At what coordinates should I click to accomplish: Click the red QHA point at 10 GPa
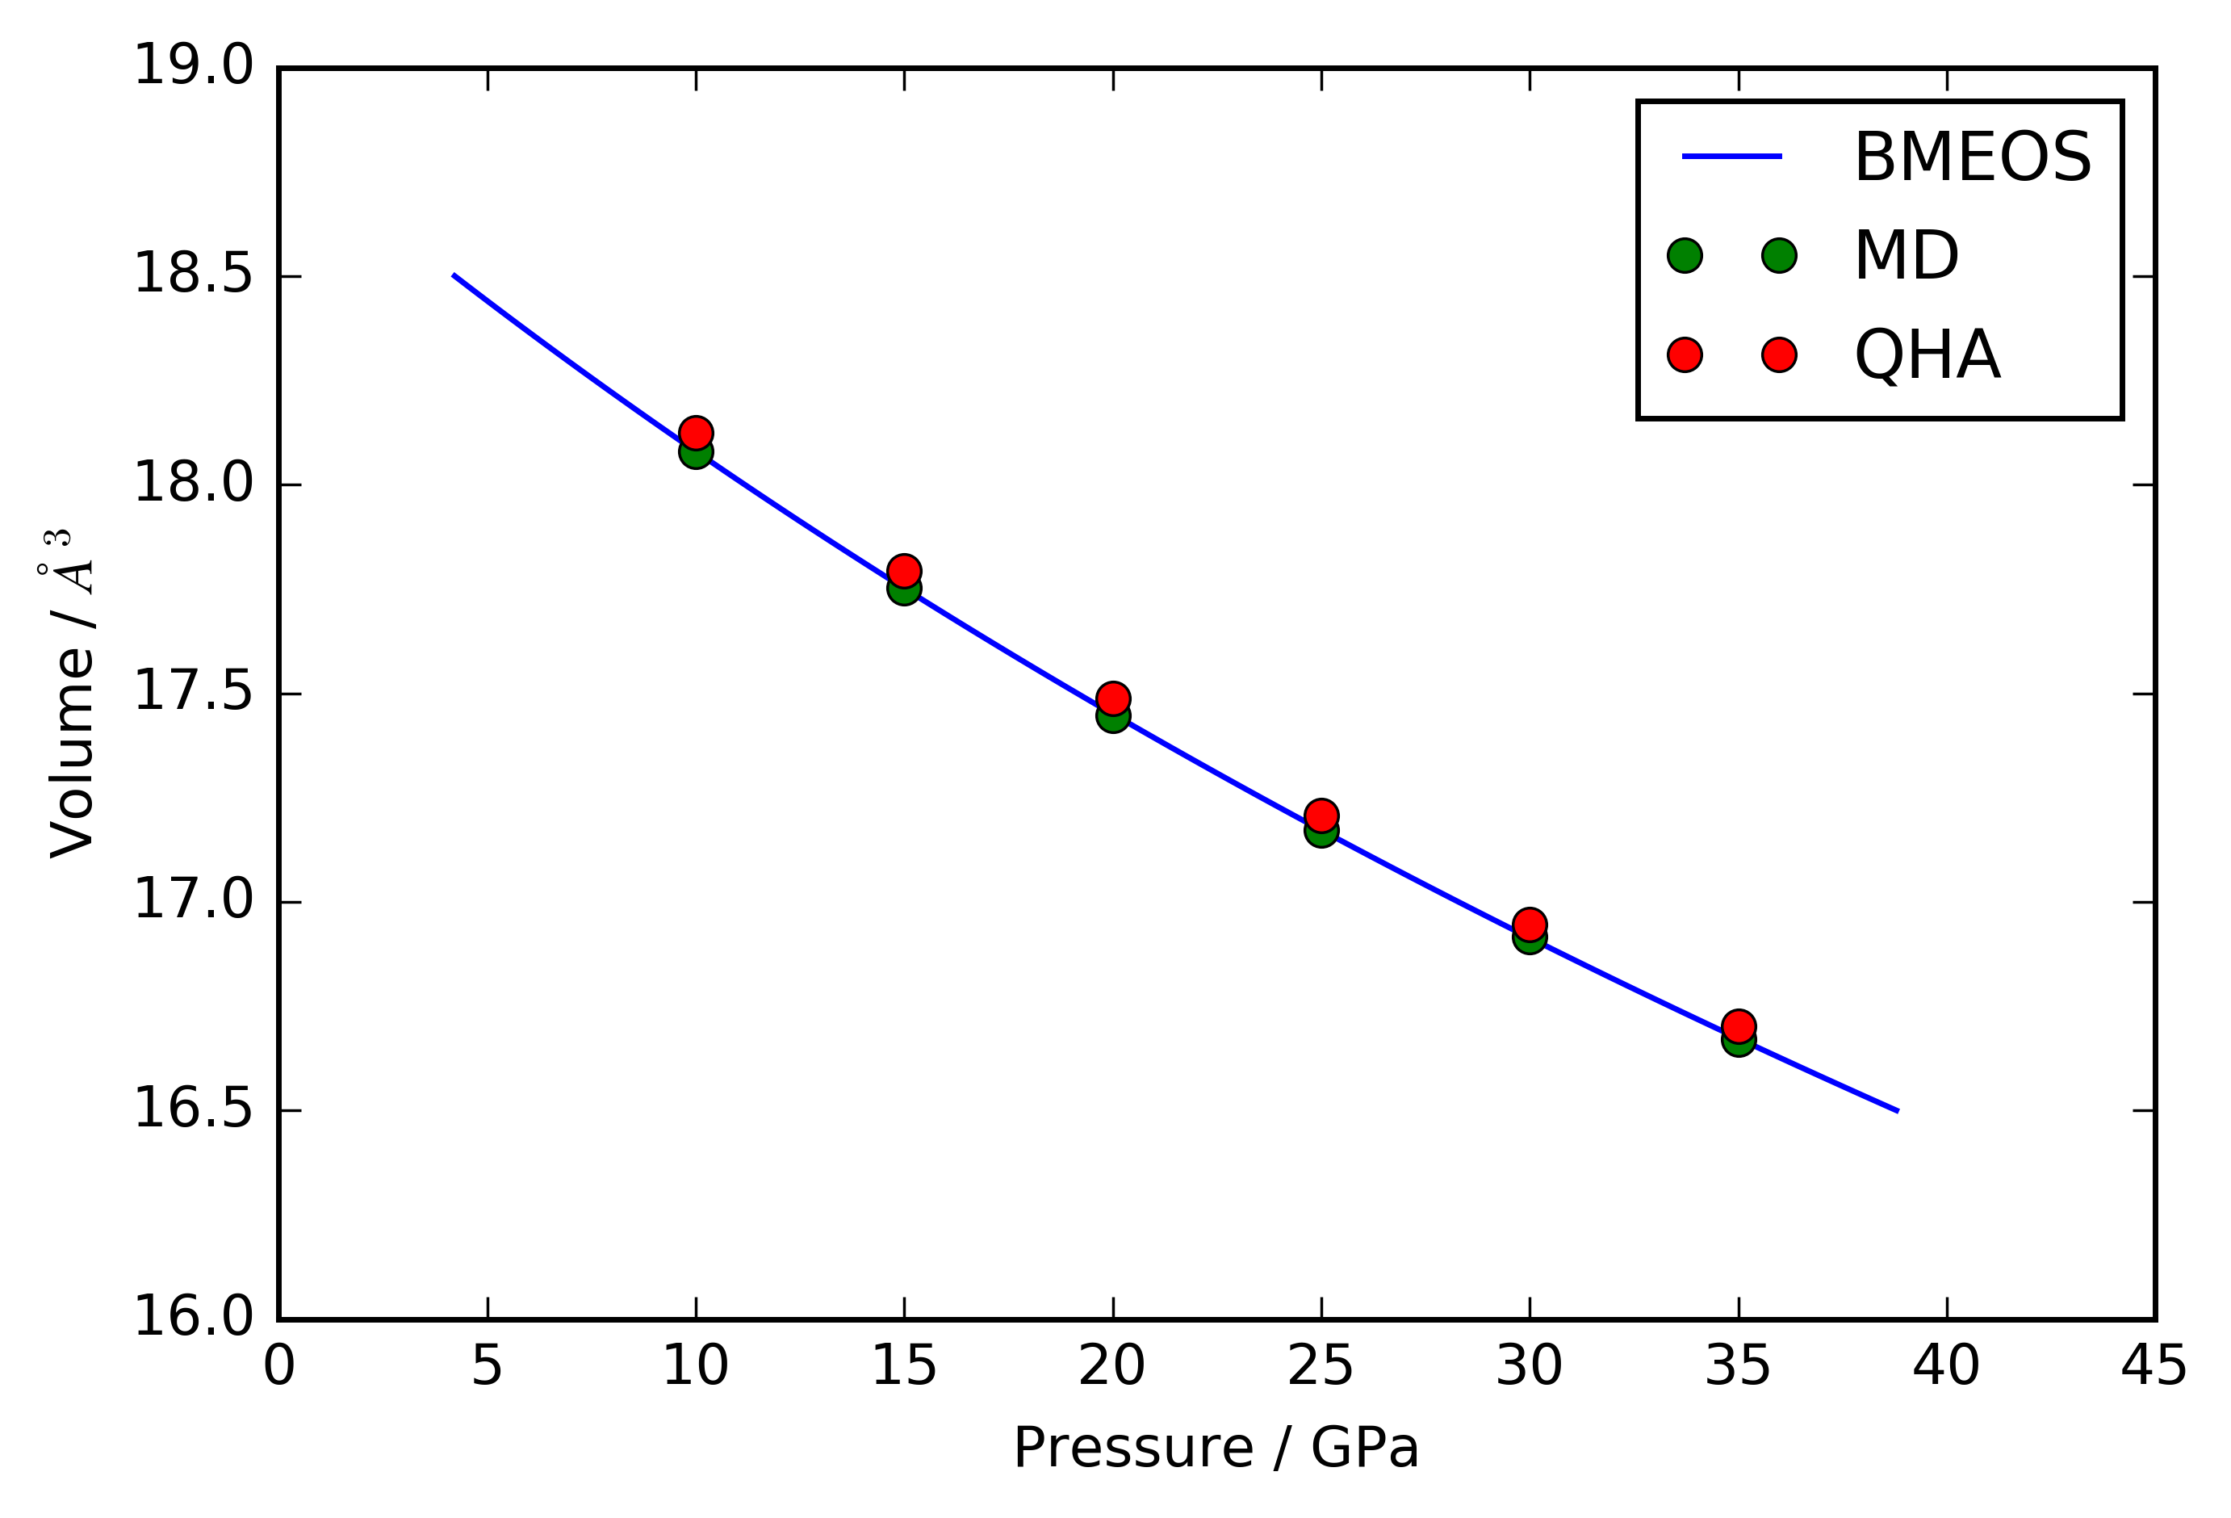(696, 433)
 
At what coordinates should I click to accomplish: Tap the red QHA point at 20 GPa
(1112, 698)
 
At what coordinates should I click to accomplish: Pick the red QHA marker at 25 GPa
(1321, 816)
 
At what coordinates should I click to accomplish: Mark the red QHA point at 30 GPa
(1530, 925)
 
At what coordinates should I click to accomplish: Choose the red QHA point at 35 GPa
(1739, 1026)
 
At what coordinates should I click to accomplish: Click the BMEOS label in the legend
(1973, 157)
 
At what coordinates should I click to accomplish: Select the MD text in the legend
(1906, 256)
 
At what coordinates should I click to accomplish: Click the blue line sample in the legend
(1732, 157)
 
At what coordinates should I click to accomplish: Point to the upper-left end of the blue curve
(453, 275)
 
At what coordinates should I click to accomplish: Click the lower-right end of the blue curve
(1898, 1111)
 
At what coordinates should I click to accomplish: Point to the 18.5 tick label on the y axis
(193, 275)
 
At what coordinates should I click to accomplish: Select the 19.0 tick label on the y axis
(193, 67)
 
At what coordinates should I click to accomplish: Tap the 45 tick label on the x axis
(2154, 1366)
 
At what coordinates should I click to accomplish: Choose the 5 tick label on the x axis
(487, 1366)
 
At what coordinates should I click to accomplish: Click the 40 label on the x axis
(1946, 1366)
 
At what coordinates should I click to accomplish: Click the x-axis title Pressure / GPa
(1216, 1449)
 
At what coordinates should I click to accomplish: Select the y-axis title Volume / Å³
(70, 694)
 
